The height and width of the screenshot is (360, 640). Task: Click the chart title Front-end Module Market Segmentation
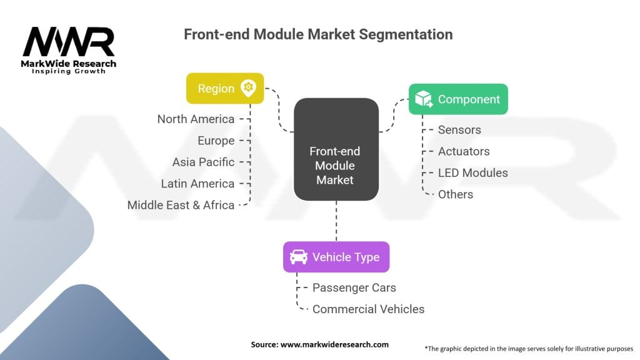click(317, 34)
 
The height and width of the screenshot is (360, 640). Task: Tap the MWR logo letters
click(69, 42)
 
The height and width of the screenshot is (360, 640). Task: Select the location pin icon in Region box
click(248, 88)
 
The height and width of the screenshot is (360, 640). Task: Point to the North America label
click(196, 119)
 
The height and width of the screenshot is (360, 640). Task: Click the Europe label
click(216, 141)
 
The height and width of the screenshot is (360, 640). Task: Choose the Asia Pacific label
click(203, 162)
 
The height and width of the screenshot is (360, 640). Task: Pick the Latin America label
click(197, 183)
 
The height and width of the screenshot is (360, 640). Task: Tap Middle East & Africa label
click(181, 205)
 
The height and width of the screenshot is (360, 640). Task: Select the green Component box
click(457, 99)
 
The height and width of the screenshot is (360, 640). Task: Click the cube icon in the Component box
click(424, 99)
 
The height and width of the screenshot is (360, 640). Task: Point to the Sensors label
click(459, 130)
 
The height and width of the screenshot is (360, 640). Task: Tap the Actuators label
click(464, 151)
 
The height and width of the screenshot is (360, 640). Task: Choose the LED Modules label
click(472, 172)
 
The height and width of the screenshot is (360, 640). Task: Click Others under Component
click(455, 194)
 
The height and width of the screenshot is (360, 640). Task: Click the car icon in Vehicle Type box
click(298, 257)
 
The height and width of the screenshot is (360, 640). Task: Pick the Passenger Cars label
click(354, 287)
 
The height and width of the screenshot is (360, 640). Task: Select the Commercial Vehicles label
click(368, 309)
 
